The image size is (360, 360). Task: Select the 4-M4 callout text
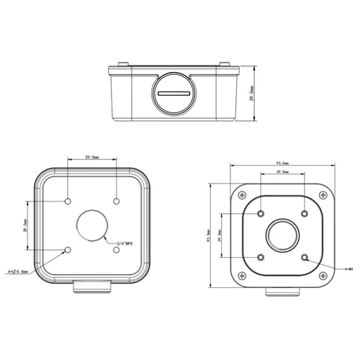[348, 268]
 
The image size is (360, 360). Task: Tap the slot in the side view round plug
[174, 93]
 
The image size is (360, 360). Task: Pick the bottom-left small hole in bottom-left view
[68, 250]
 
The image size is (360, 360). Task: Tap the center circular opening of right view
[282, 234]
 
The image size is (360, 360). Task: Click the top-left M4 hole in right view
[259, 212]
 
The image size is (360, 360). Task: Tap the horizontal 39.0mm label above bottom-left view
[92, 157]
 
